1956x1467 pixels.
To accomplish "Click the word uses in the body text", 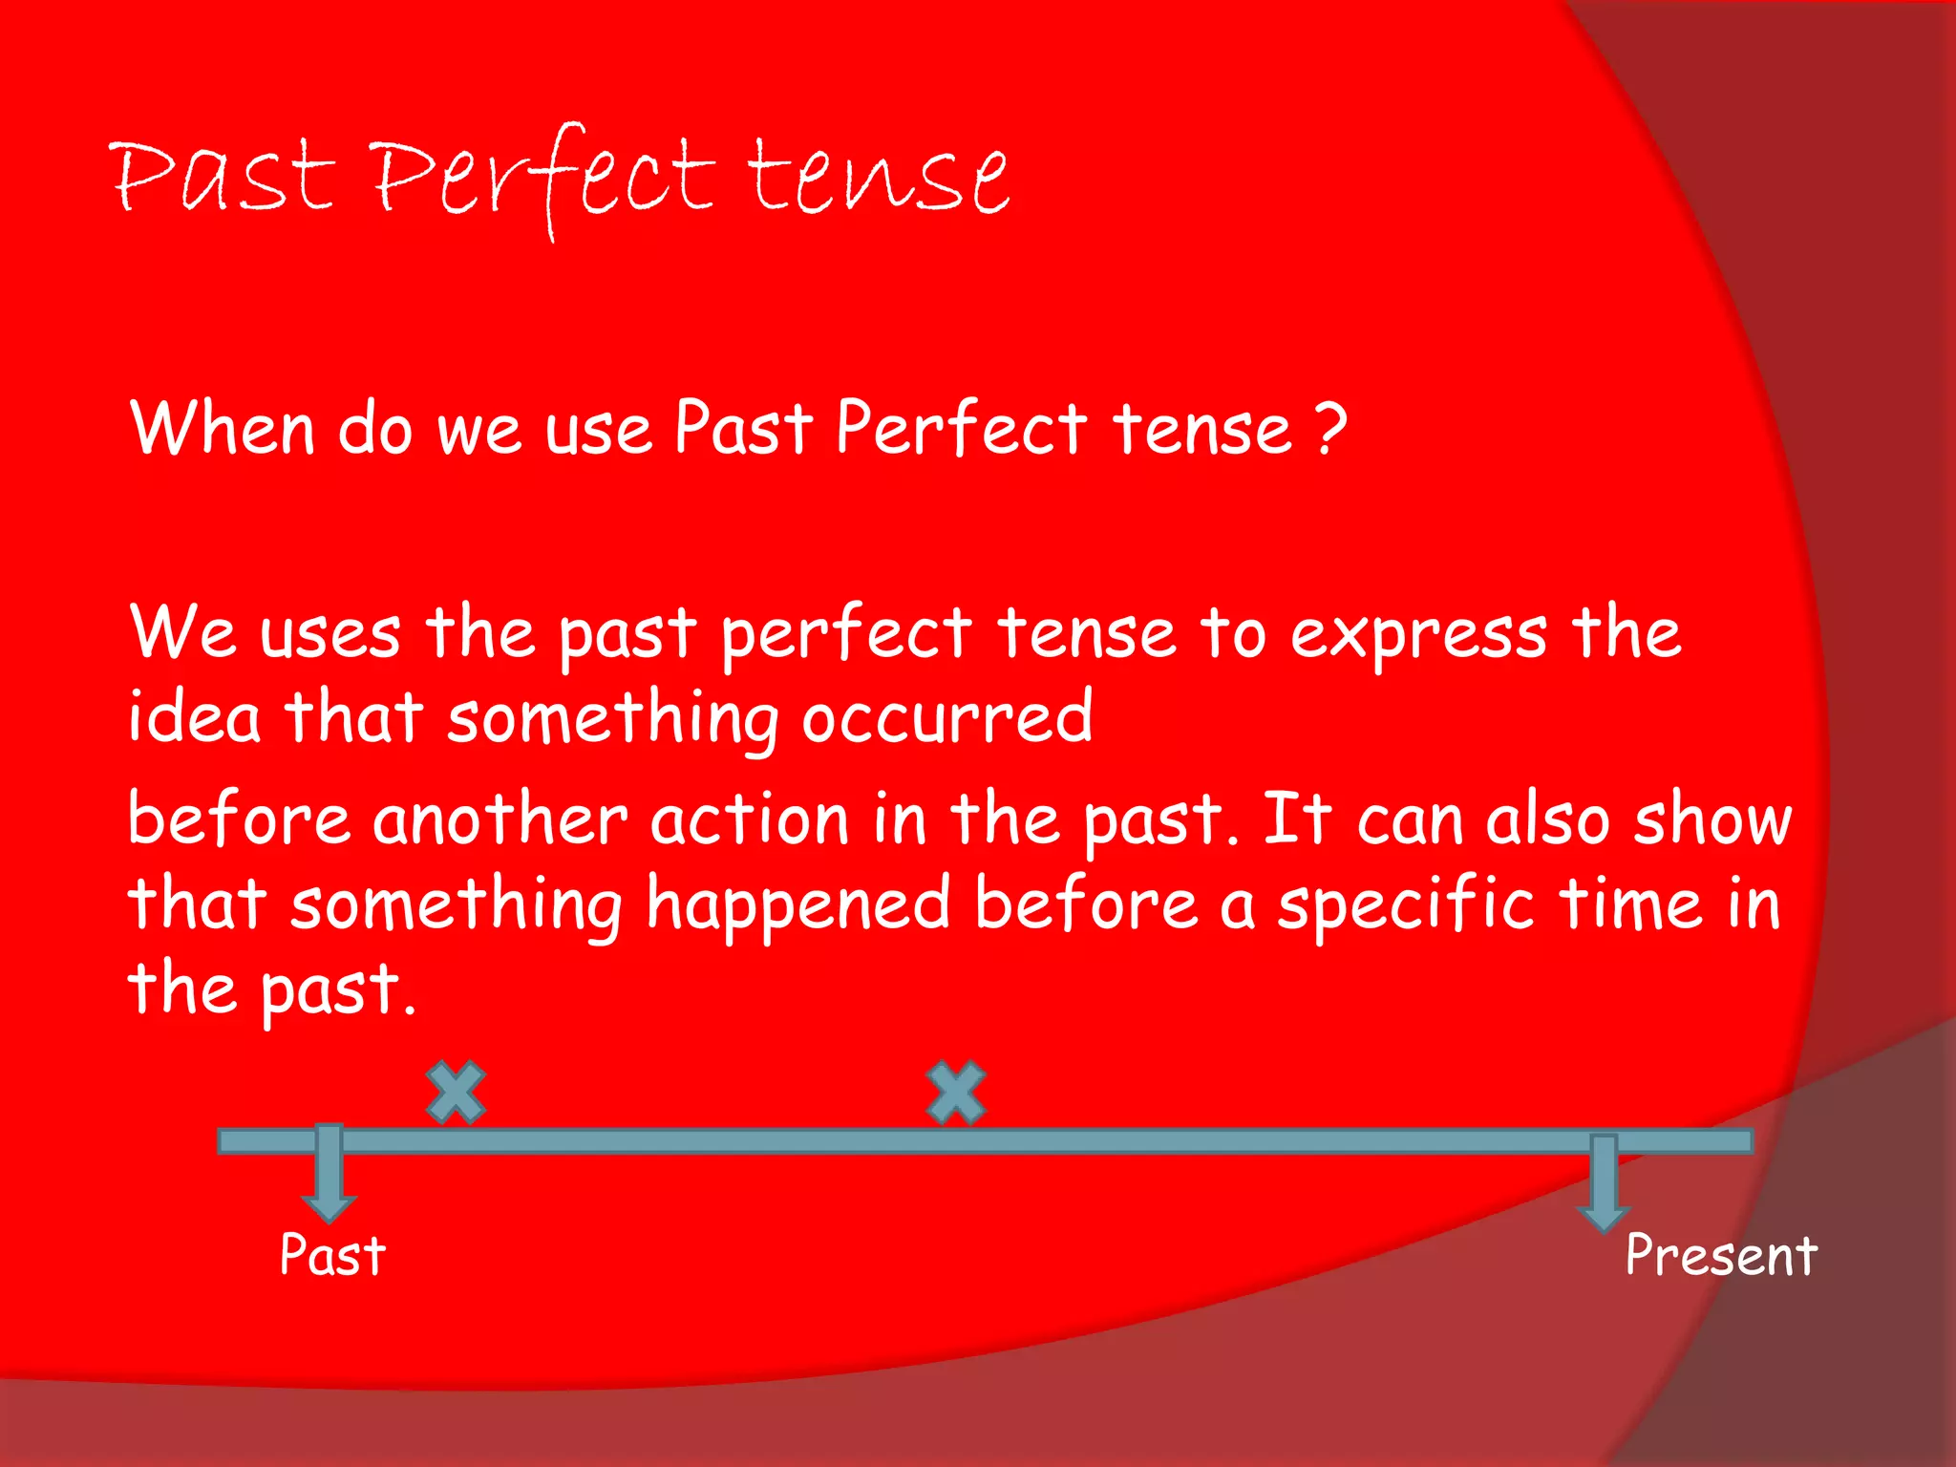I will [330, 634].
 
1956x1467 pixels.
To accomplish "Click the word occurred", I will [946, 717].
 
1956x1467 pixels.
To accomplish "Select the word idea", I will [194, 717].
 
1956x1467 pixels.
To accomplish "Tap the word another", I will [500, 819].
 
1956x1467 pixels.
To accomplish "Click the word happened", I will [797, 905].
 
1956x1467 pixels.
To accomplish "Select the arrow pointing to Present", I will [1603, 1184].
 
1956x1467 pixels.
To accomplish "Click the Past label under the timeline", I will [332, 1255].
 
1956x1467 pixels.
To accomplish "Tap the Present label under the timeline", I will [1720, 1255].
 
